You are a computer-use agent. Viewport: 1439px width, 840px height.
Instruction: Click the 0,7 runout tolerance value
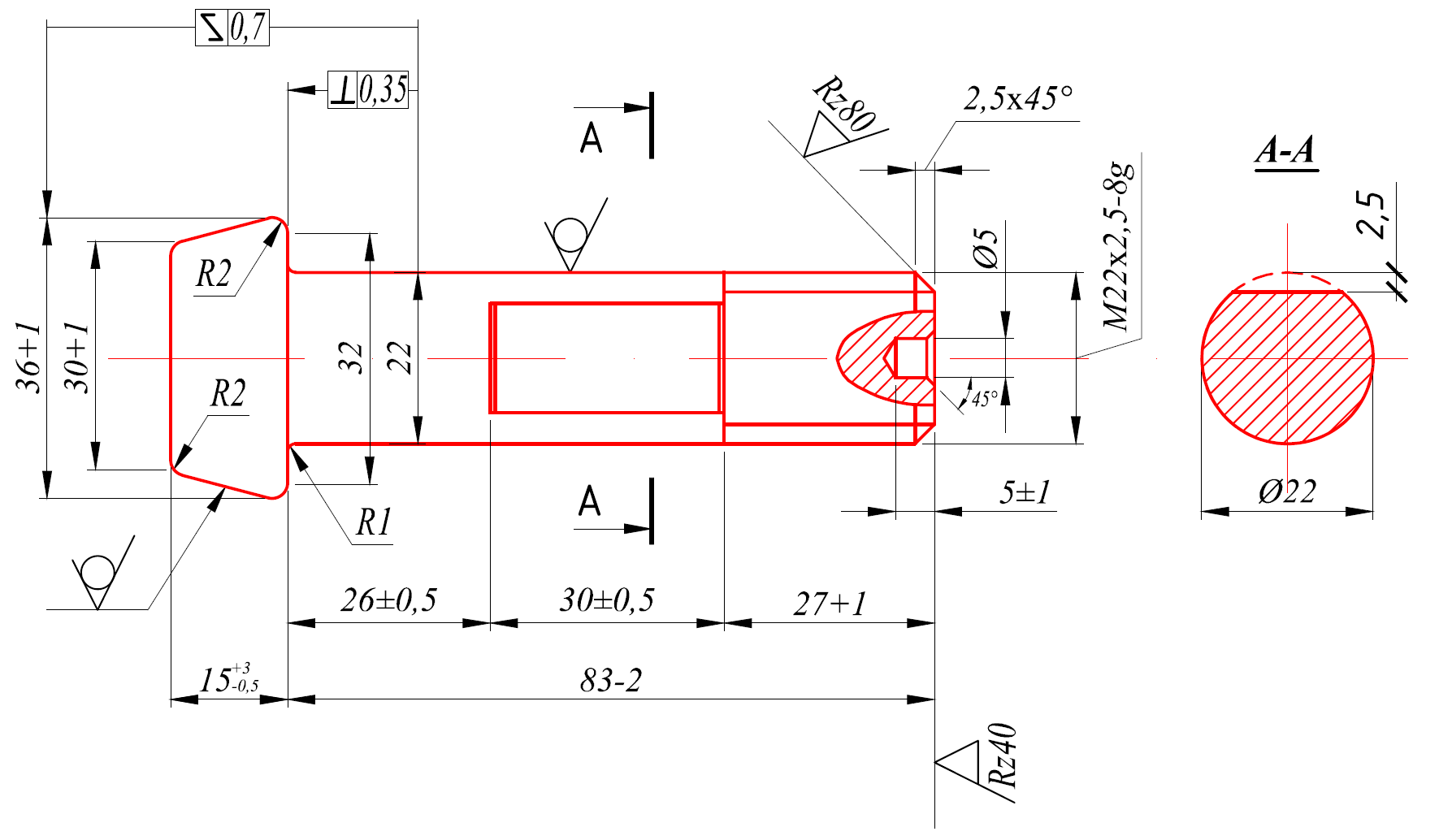[x=248, y=28]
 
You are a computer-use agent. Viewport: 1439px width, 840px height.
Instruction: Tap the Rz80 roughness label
[x=846, y=105]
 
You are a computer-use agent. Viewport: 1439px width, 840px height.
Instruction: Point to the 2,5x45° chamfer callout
[x=1018, y=99]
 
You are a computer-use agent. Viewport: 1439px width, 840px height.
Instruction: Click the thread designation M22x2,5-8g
[x=1118, y=246]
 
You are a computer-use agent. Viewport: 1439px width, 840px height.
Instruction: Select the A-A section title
[x=1285, y=151]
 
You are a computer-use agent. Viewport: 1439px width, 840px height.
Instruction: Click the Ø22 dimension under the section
[x=1287, y=491]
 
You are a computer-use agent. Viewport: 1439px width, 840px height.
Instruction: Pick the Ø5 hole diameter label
[x=986, y=248]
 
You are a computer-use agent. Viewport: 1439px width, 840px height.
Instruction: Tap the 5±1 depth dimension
[x=1025, y=492]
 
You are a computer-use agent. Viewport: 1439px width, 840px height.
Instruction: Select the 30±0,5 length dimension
[x=606, y=600]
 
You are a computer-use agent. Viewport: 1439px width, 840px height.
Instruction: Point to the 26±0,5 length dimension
[x=388, y=600]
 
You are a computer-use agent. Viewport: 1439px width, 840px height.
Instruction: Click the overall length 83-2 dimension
[x=610, y=680]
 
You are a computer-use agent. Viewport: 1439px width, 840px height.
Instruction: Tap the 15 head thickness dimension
[x=228, y=679]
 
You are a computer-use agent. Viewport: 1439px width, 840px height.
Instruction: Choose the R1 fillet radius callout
[x=374, y=523]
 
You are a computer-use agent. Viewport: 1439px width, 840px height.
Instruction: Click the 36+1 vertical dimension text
[x=29, y=357]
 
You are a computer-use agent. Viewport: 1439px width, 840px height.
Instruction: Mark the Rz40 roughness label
[x=1003, y=756]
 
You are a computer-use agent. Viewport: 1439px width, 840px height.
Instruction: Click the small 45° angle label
[x=984, y=399]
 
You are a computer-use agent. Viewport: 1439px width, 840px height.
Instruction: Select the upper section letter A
[x=591, y=138]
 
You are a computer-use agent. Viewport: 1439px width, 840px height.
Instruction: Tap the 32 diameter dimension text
[x=351, y=357]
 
